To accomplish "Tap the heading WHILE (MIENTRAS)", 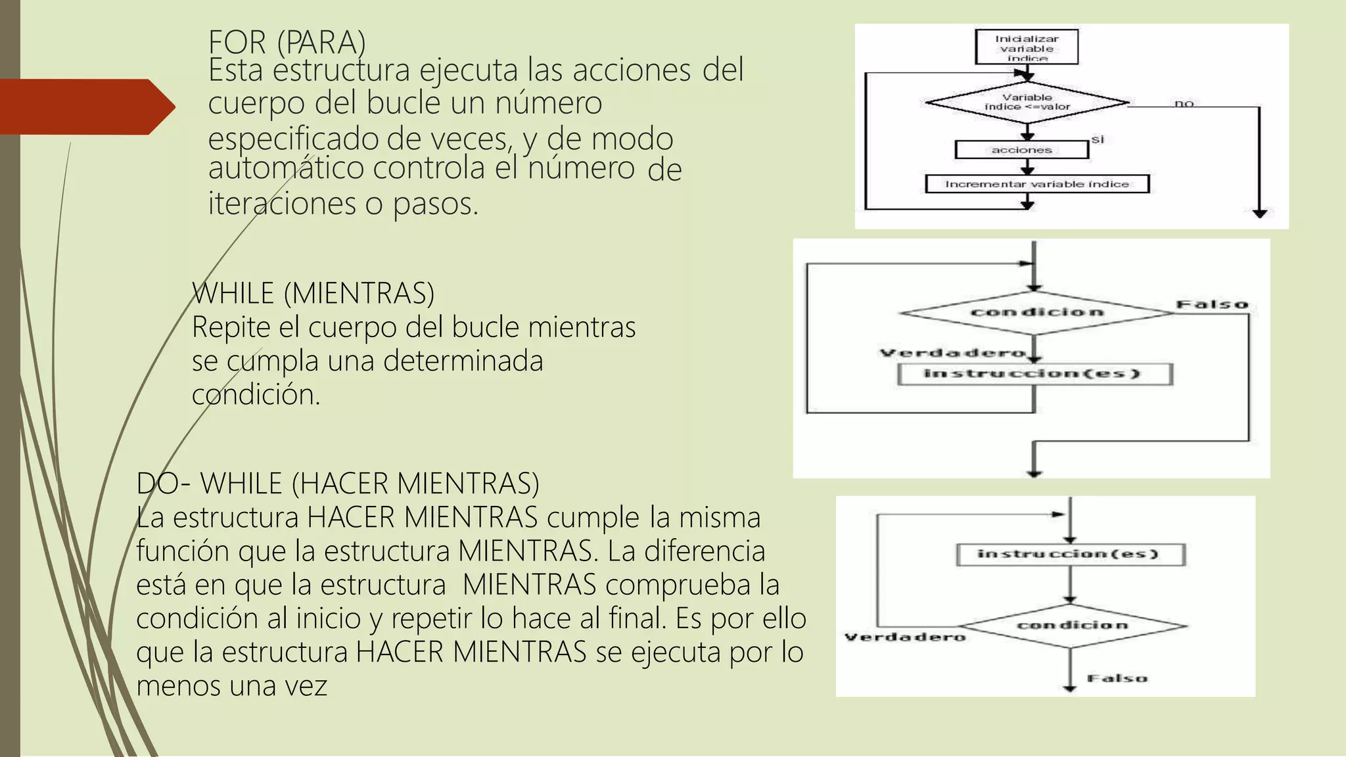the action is click(x=313, y=293).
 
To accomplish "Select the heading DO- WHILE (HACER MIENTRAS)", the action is click(x=337, y=484).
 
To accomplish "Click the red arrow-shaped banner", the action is click(x=85, y=106).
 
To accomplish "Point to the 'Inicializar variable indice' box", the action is click(x=1027, y=47).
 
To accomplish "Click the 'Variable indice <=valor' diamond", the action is click(x=1027, y=103).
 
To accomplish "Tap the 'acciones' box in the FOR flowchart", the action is click(x=1021, y=150).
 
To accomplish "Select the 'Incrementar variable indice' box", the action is click(x=1037, y=184).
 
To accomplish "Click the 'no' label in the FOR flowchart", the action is click(x=1184, y=103).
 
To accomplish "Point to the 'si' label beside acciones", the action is click(x=1098, y=139).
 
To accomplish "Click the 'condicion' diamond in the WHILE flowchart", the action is click(x=1036, y=312).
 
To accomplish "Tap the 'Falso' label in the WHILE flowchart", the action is click(x=1212, y=304).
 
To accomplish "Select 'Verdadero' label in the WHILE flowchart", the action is click(x=953, y=353).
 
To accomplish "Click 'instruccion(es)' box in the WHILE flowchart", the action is click(x=1034, y=374).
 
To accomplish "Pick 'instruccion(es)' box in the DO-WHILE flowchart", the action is click(x=1070, y=554).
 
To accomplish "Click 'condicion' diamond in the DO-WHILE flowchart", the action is click(x=1072, y=625).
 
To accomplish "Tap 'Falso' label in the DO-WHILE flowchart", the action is click(x=1117, y=678).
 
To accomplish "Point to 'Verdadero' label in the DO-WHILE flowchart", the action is click(x=905, y=637).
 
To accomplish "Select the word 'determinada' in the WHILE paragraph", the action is click(x=463, y=361).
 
